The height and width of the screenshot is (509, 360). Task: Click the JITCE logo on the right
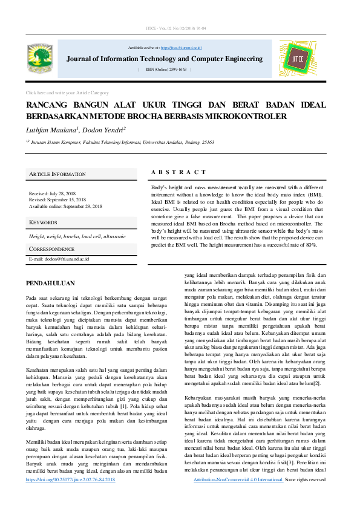click(297, 59)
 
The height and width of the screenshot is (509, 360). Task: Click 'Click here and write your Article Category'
click(67, 92)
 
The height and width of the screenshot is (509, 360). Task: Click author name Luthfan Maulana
click(52, 129)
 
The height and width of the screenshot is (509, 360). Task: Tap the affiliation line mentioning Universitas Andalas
click(121, 142)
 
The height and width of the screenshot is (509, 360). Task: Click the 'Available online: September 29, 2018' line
click(66, 206)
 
